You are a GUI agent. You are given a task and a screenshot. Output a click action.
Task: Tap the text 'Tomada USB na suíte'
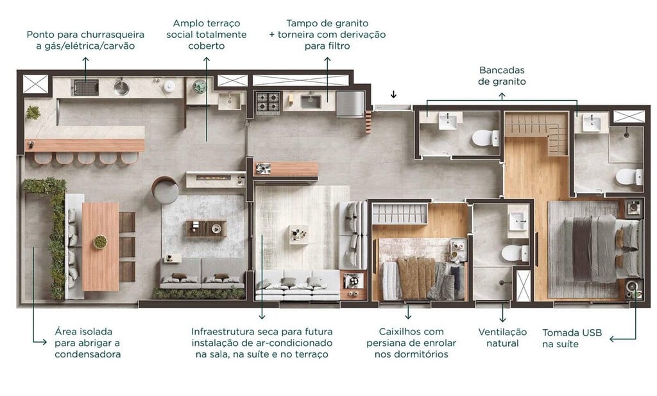click(569, 338)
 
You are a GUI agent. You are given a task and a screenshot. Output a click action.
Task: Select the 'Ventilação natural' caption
click(502, 338)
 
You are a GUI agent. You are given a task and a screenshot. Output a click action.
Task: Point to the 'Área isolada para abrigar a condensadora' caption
click(88, 343)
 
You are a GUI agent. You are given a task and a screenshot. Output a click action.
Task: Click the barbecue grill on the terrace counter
click(85, 87)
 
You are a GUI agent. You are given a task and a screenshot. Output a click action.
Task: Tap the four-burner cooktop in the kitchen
click(268, 101)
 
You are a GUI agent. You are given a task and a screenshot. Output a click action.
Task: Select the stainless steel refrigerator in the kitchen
click(350, 103)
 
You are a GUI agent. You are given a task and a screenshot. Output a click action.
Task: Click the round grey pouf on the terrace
click(166, 190)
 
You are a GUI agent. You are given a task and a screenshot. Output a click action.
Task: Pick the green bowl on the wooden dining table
click(100, 242)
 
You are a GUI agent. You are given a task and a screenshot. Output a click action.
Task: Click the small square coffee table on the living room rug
click(298, 234)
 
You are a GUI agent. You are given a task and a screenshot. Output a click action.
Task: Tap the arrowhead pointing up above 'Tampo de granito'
click(327, 60)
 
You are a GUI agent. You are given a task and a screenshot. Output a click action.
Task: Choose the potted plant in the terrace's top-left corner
click(33, 112)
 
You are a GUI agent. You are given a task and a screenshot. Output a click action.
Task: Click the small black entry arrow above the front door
click(393, 95)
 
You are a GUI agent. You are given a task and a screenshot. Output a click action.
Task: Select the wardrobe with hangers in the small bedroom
click(399, 214)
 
